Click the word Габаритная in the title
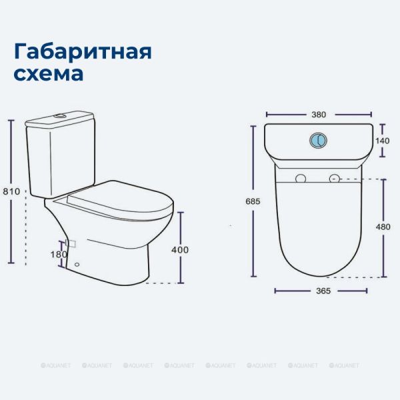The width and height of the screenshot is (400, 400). tap(83, 52)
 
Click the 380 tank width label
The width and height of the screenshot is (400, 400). tap(319, 115)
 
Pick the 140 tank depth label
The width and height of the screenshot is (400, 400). tap(383, 141)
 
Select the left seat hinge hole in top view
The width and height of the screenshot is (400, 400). tap(301, 179)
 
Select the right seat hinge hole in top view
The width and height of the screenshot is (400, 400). tap(335, 179)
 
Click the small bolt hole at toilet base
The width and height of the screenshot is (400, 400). tap(77, 264)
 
